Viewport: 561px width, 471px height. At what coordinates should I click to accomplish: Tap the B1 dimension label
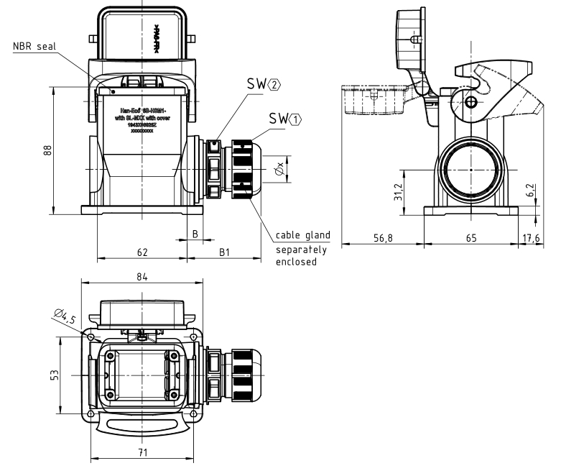pyautogui.click(x=224, y=252)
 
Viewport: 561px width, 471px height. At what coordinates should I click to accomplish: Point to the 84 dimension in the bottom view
pyautogui.click(x=142, y=278)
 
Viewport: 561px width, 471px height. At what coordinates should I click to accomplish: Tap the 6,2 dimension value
pyautogui.click(x=530, y=191)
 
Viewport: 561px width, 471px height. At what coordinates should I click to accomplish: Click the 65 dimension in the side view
pyautogui.click(x=469, y=238)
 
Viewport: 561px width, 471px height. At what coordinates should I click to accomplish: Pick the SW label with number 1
pyautogui.click(x=284, y=118)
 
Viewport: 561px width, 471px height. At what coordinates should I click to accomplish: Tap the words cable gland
pyautogui.click(x=302, y=235)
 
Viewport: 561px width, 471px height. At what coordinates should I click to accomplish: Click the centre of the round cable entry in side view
pyautogui.click(x=469, y=169)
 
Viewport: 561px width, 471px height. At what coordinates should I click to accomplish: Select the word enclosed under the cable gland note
pyautogui.click(x=296, y=262)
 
